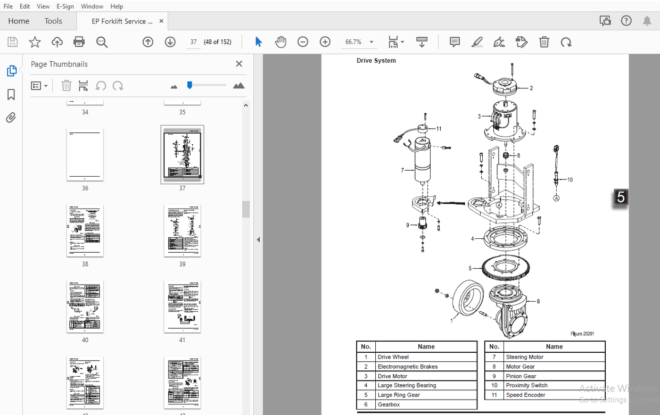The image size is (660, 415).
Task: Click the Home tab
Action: pyautogui.click(x=19, y=21)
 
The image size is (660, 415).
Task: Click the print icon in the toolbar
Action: pyautogui.click(x=79, y=42)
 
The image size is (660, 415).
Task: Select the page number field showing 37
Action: pyautogui.click(x=193, y=42)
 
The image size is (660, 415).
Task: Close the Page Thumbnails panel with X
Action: pyautogui.click(x=239, y=64)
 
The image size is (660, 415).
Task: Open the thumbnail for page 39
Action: pyautogui.click(x=182, y=230)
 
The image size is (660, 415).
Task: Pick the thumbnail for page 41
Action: pyautogui.click(x=182, y=306)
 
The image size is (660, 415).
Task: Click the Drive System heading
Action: pyautogui.click(x=376, y=61)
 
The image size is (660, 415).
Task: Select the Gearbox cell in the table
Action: pyautogui.click(x=389, y=404)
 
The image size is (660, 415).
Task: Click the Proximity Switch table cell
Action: pyautogui.click(x=526, y=385)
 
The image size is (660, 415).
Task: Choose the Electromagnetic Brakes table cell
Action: pyautogui.click(x=407, y=367)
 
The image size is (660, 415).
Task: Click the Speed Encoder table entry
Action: pyautogui.click(x=525, y=395)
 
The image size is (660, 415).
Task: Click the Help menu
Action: pyautogui.click(x=117, y=6)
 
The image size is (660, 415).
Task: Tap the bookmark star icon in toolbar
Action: pyautogui.click(x=35, y=42)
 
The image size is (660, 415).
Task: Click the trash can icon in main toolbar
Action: pyautogui.click(x=544, y=42)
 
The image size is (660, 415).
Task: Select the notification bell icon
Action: pyautogui.click(x=647, y=21)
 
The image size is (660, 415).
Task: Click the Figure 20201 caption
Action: pyautogui.click(x=582, y=334)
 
